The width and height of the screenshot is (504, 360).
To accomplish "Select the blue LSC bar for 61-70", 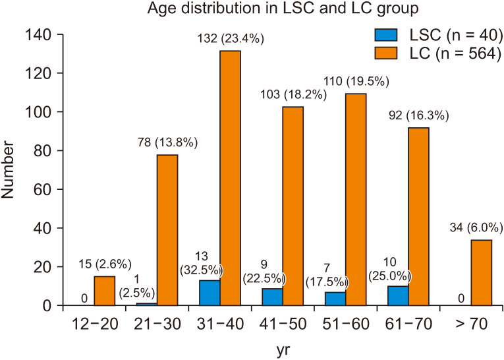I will click(x=397, y=296).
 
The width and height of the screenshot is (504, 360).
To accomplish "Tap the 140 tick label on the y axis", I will click(x=38, y=34).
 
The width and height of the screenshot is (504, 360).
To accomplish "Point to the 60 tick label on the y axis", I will click(x=42, y=190).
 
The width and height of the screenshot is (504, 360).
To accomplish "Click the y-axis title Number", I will click(x=11, y=170).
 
